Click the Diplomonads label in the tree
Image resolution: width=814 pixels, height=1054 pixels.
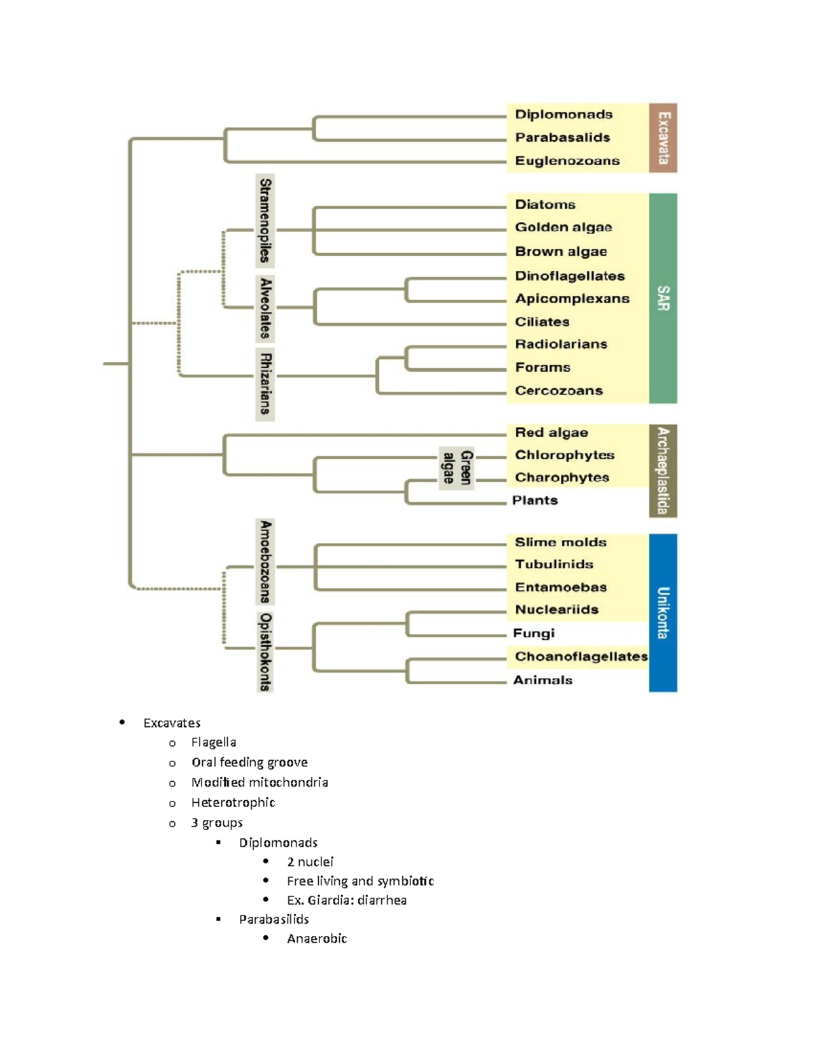click(563, 115)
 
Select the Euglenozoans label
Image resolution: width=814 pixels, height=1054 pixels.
click(567, 161)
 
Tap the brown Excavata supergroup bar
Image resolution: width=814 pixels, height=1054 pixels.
click(663, 138)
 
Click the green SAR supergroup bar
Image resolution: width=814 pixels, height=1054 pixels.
click(663, 298)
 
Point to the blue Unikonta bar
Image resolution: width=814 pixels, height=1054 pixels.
click(663, 612)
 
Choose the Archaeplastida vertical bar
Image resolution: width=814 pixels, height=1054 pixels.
click(663, 470)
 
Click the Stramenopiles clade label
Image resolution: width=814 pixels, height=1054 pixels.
click(265, 221)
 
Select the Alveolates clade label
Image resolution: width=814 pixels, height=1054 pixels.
click(265, 308)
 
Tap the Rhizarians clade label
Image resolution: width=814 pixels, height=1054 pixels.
click(265, 384)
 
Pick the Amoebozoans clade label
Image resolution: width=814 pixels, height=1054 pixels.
click(265, 562)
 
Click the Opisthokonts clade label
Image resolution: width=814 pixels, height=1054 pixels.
click(265, 652)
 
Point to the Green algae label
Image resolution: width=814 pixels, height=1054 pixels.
click(457, 468)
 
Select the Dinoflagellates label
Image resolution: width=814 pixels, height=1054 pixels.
click(569, 276)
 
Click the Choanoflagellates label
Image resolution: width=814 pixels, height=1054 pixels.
click(581, 656)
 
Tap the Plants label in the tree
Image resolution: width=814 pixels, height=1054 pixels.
click(535, 500)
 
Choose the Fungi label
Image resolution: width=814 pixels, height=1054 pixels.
click(533, 633)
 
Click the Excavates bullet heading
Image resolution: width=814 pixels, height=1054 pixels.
click(172, 723)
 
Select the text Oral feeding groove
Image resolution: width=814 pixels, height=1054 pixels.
click(249, 762)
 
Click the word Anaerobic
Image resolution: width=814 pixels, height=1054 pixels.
click(317, 939)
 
